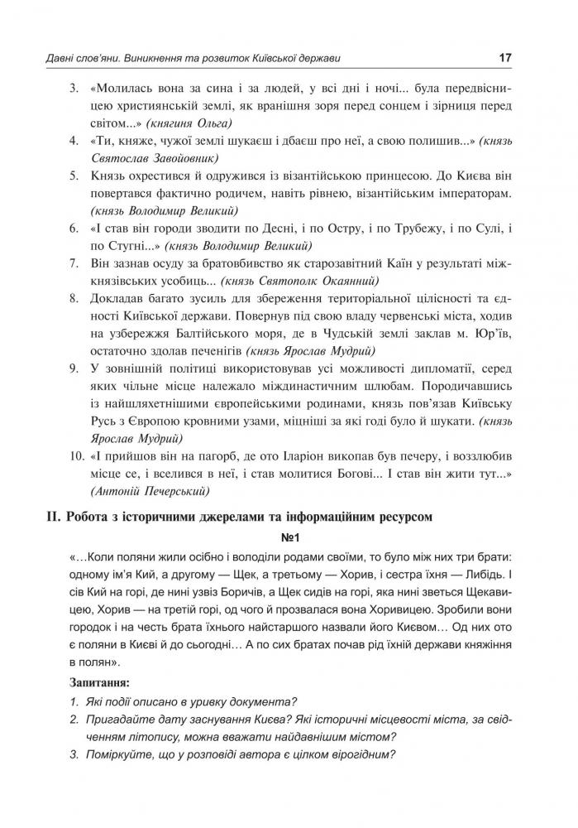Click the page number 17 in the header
click(x=506, y=58)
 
